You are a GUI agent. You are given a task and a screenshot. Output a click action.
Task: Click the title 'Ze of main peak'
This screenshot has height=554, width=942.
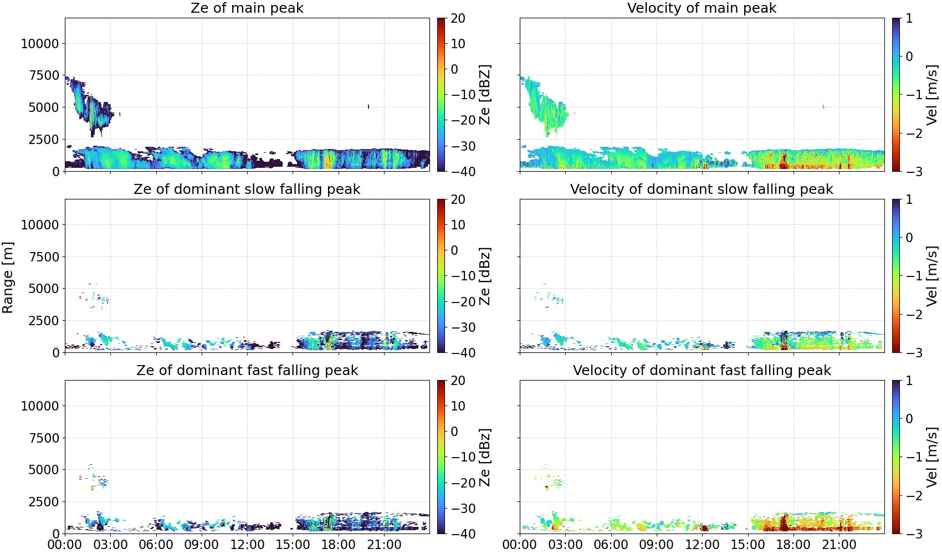click(247, 8)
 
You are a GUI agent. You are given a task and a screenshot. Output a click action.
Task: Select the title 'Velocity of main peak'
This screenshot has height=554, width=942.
click(702, 8)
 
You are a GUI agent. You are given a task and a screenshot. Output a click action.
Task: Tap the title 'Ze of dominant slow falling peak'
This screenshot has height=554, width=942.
click(247, 189)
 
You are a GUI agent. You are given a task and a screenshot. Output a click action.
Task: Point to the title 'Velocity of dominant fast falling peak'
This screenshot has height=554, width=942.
click(702, 370)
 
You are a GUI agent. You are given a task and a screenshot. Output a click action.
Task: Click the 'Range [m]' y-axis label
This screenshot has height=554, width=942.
click(8, 278)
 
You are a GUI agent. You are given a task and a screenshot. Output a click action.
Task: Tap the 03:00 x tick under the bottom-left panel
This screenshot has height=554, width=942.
click(111, 545)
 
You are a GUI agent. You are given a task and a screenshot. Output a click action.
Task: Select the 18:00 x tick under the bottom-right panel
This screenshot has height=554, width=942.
click(793, 545)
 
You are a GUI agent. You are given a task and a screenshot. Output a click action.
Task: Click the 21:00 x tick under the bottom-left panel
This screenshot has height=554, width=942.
click(385, 545)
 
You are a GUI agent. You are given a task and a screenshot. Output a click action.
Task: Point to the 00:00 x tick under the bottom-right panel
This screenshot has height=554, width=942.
click(520, 545)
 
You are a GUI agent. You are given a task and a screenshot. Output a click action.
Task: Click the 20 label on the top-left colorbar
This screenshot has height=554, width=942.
click(458, 18)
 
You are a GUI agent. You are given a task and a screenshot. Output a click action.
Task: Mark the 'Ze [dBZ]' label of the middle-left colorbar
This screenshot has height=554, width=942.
click(485, 276)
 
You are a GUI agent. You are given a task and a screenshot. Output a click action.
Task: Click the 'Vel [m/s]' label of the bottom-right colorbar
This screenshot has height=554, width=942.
click(931, 457)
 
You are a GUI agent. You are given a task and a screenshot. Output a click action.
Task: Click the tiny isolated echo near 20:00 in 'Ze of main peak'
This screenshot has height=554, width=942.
click(368, 106)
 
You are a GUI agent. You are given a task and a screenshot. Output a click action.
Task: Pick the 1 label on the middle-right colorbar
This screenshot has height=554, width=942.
click(909, 199)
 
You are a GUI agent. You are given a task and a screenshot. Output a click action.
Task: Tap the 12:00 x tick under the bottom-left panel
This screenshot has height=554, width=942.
click(247, 545)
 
